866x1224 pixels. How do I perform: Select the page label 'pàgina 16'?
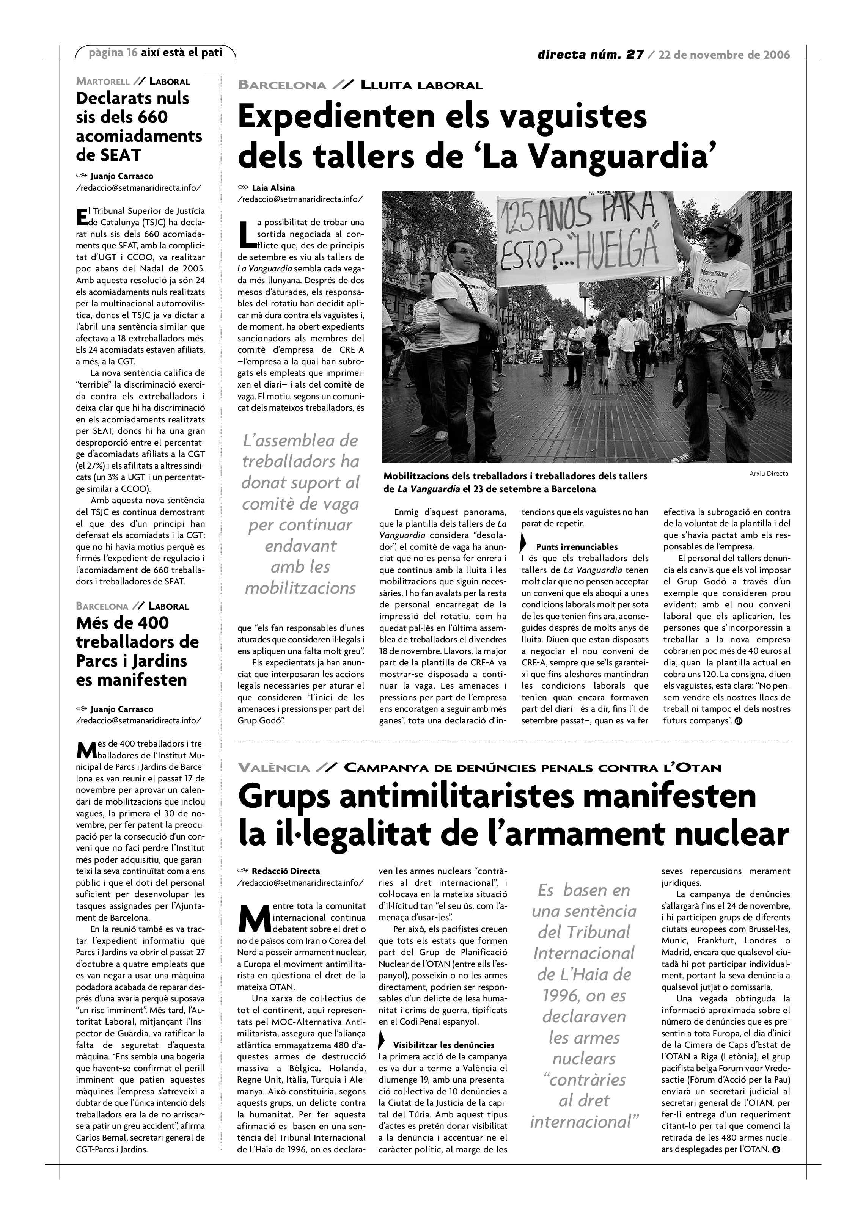point(113,52)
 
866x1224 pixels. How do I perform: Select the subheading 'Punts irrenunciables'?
point(577,547)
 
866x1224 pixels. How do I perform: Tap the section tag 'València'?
point(273,768)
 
